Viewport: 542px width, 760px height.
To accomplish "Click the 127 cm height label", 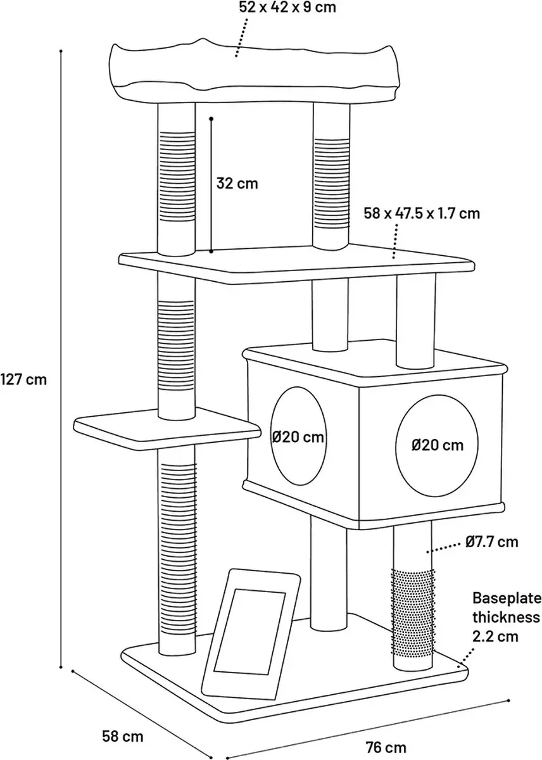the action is pos(23,379).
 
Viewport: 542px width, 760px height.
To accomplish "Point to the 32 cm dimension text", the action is pos(237,184).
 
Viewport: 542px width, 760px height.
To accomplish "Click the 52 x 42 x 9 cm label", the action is pos(287,7).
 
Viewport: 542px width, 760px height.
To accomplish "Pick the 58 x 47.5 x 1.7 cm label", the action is pos(422,214).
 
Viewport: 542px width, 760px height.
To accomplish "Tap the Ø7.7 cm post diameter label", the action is pos(492,542).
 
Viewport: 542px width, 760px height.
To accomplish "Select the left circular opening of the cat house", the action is pos(299,436).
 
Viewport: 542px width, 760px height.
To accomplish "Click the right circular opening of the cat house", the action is pos(438,445).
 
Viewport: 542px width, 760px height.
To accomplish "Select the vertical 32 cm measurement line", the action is pos(211,185).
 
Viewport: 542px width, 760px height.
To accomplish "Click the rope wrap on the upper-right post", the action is pos(331,182).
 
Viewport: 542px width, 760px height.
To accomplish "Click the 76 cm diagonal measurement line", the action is pos(368,728).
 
